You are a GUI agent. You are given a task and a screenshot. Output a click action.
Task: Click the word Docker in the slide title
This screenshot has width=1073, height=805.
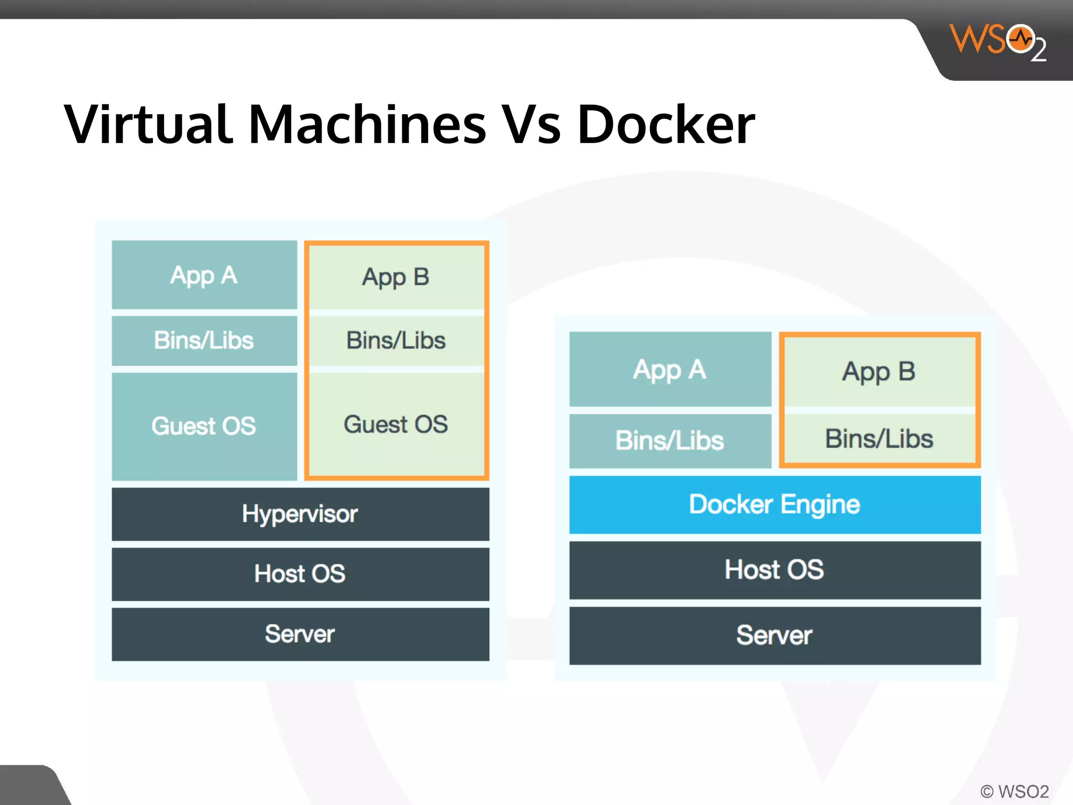(x=665, y=125)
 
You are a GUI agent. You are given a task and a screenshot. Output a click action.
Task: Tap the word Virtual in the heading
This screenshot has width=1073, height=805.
(x=148, y=125)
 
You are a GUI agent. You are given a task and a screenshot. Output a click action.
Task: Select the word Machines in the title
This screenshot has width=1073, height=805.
(x=367, y=125)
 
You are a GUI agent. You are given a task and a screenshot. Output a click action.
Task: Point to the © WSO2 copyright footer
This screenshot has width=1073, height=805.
(x=1014, y=791)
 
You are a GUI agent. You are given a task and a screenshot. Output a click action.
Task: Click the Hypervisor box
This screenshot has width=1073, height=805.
(x=300, y=514)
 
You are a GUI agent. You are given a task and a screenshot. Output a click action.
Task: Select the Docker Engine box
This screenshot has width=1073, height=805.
(x=774, y=504)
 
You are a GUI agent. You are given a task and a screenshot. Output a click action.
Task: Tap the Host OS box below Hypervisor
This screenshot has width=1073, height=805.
(x=300, y=573)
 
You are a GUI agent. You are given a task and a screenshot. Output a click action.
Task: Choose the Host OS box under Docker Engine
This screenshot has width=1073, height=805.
(x=774, y=570)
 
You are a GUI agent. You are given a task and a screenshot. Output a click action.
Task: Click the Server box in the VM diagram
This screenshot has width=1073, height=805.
(x=300, y=634)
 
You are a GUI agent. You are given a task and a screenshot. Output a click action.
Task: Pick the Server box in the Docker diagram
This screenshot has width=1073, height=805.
(x=774, y=635)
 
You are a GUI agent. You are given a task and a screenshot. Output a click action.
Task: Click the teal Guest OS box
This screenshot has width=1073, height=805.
(x=204, y=426)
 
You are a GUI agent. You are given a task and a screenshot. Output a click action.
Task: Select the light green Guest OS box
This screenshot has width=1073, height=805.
(x=396, y=424)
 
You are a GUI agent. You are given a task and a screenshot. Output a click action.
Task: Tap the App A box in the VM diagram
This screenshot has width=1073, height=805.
(x=204, y=275)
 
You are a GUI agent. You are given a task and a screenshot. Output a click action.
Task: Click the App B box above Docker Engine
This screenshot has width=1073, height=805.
(x=879, y=371)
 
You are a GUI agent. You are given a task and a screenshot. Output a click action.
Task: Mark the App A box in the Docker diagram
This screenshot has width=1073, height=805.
(x=670, y=369)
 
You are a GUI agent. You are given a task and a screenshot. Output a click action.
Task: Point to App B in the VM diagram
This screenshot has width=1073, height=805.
(x=396, y=277)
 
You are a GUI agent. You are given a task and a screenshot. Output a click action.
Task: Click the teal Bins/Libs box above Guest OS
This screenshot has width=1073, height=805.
(x=204, y=340)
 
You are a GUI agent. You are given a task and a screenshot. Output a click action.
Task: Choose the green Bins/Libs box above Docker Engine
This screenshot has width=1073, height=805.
(x=879, y=439)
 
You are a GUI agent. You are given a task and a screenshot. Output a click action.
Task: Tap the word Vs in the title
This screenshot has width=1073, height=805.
(x=531, y=125)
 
